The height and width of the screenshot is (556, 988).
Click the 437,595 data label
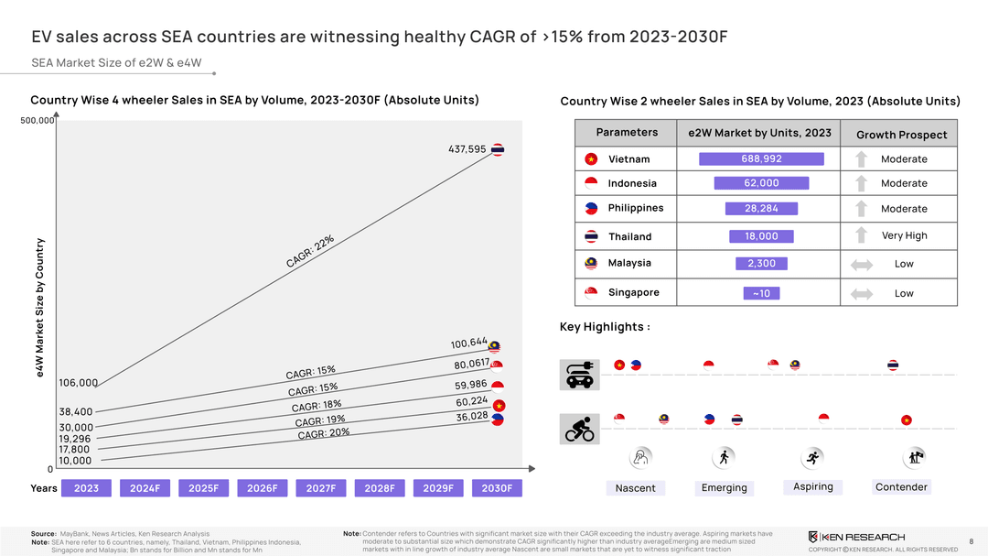(467, 149)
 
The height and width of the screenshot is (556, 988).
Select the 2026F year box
(263, 488)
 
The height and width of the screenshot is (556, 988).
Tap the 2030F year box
(497, 488)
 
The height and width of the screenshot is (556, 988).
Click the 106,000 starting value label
(78, 383)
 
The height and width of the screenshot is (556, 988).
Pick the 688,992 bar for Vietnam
(761, 159)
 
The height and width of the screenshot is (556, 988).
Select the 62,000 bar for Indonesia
(761, 183)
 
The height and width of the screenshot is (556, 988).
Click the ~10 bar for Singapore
(761, 293)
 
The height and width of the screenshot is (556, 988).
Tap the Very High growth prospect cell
(904, 235)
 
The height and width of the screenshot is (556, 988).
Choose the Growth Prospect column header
(901, 135)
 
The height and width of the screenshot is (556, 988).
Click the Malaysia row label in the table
(629, 263)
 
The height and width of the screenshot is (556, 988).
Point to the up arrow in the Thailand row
(861, 235)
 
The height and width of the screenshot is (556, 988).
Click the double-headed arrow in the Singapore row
(861, 293)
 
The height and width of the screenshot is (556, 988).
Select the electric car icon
(578, 374)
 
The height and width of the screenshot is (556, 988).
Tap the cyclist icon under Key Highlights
(578, 428)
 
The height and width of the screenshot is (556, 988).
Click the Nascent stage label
(635, 488)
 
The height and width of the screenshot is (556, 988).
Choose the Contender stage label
(901, 487)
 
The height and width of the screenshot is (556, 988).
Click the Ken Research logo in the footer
(856, 537)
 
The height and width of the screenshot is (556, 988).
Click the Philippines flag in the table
(591, 208)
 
